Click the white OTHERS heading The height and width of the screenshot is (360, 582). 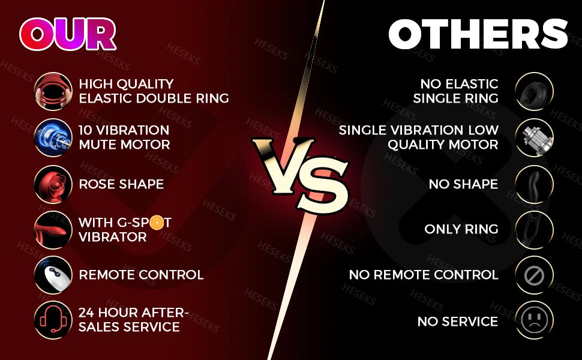point(477,34)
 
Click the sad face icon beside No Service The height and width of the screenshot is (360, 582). point(533,320)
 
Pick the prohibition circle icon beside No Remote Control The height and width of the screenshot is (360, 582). point(533,275)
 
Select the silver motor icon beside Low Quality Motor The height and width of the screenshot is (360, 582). point(533,137)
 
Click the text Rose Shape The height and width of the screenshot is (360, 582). point(121,184)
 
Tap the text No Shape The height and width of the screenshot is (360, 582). point(463,184)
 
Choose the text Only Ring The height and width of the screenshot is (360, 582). point(461,229)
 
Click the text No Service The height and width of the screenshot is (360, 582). point(457,322)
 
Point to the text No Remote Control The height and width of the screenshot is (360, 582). point(424,275)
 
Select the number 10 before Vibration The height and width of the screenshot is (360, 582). point(86,130)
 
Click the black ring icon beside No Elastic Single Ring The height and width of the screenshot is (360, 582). point(533,91)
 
